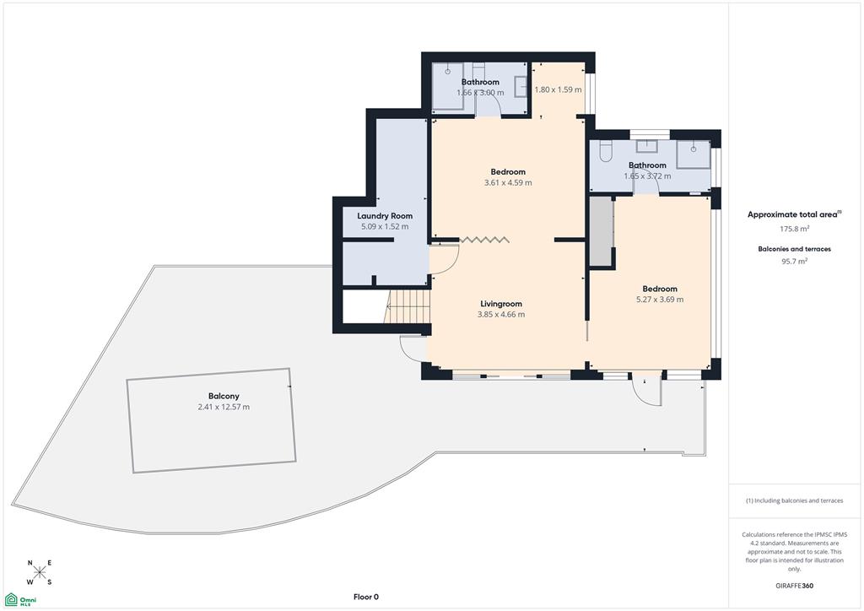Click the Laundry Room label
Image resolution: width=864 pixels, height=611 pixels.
pos(385,216)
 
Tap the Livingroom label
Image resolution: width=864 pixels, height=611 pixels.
pos(501,304)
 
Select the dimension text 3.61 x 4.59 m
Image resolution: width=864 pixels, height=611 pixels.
pos(508,182)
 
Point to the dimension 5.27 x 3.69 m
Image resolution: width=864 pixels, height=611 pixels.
pos(660,300)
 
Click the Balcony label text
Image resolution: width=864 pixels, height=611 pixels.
pos(224,396)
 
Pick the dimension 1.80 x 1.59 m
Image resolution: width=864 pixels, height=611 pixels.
pos(559,89)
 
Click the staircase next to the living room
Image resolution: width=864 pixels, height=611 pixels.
pos(408,307)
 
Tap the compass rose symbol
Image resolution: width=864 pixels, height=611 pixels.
pos(39,572)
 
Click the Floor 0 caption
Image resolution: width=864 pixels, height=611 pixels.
pos(366,597)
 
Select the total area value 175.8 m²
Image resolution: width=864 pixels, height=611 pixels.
pos(794,229)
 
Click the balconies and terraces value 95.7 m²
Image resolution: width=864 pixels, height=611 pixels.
pos(794,261)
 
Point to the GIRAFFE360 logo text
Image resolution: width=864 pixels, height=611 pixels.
pos(794,586)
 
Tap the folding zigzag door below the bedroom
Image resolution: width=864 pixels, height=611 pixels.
pos(484,239)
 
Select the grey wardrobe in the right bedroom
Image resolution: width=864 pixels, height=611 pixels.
pos(602,231)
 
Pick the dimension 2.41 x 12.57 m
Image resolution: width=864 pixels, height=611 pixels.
pos(224,407)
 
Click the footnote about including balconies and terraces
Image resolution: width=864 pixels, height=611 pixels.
pos(794,500)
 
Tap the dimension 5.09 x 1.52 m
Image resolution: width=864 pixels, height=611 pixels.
pos(385,226)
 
